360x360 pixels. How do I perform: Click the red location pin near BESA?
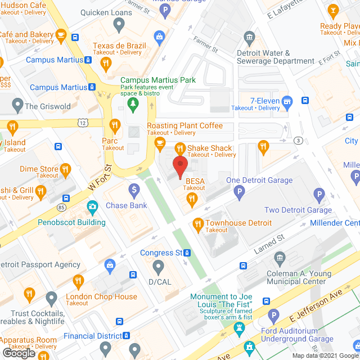click(179, 167)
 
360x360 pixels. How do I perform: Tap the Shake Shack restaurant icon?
click(179, 148)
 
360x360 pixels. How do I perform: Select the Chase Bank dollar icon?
click(134, 191)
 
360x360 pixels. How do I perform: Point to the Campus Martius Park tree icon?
click(133, 103)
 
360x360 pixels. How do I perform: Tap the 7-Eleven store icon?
click(287, 101)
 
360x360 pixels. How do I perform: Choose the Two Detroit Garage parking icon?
click(319, 196)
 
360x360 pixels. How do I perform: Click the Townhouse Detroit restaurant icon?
click(197, 223)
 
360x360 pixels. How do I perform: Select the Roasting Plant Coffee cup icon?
click(160, 142)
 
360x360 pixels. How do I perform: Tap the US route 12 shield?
click(83, 122)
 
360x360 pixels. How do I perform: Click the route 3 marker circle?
click(298, 140)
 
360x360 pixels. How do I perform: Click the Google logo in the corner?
click(19, 352)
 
